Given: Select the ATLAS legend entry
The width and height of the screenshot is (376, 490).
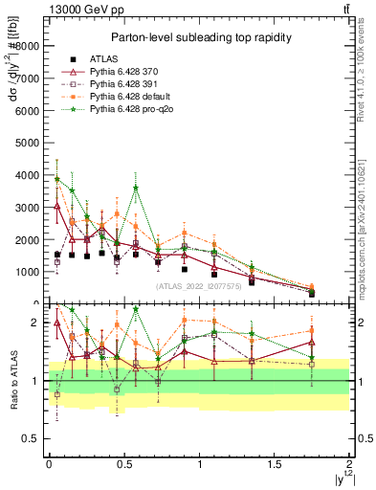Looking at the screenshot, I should [104, 58].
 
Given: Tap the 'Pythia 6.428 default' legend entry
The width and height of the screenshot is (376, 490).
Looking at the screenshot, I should [130, 97].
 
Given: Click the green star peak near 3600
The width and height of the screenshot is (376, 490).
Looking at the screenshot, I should [136, 188].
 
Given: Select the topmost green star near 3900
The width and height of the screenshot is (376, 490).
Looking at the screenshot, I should [57, 178].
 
